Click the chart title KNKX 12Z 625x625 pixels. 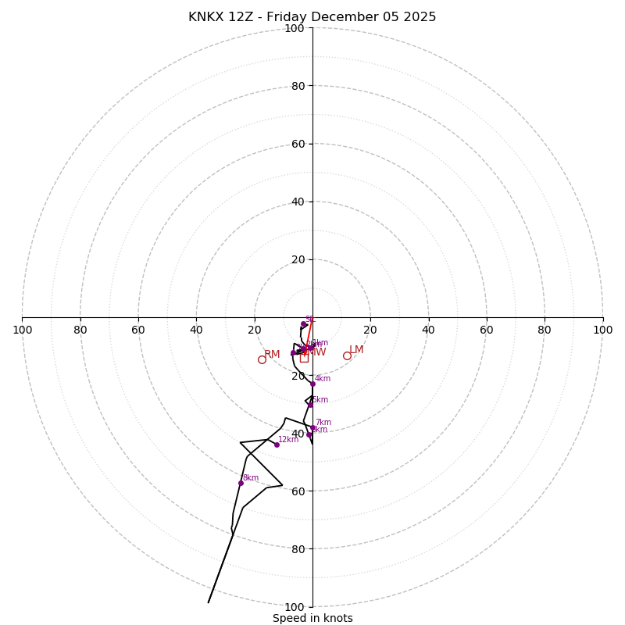(x=312, y=17)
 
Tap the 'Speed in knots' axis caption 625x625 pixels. (x=312, y=618)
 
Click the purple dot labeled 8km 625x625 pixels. (x=241, y=483)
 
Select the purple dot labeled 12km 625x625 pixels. (x=277, y=445)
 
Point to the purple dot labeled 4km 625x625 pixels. (x=312, y=384)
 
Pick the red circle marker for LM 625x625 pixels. (x=347, y=356)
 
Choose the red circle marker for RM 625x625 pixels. (x=262, y=359)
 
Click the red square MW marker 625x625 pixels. (x=304, y=358)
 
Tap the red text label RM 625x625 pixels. (x=272, y=355)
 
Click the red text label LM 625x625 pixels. (x=356, y=350)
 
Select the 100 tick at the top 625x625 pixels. (x=295, y=28)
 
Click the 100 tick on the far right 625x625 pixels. (x=602, y=330)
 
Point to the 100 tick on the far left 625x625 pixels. (x=23, y=330)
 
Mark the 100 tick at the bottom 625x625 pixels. (x=295, y=606)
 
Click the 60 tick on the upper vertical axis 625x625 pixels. (x=298, y=144)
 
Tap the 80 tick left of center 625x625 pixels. (x=80, y=330)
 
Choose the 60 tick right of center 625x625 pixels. (x=487, y=330)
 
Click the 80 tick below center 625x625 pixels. (x=298, y=548)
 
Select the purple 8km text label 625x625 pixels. (x=250, y=478)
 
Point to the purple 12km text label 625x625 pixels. (x=288, y=440)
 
